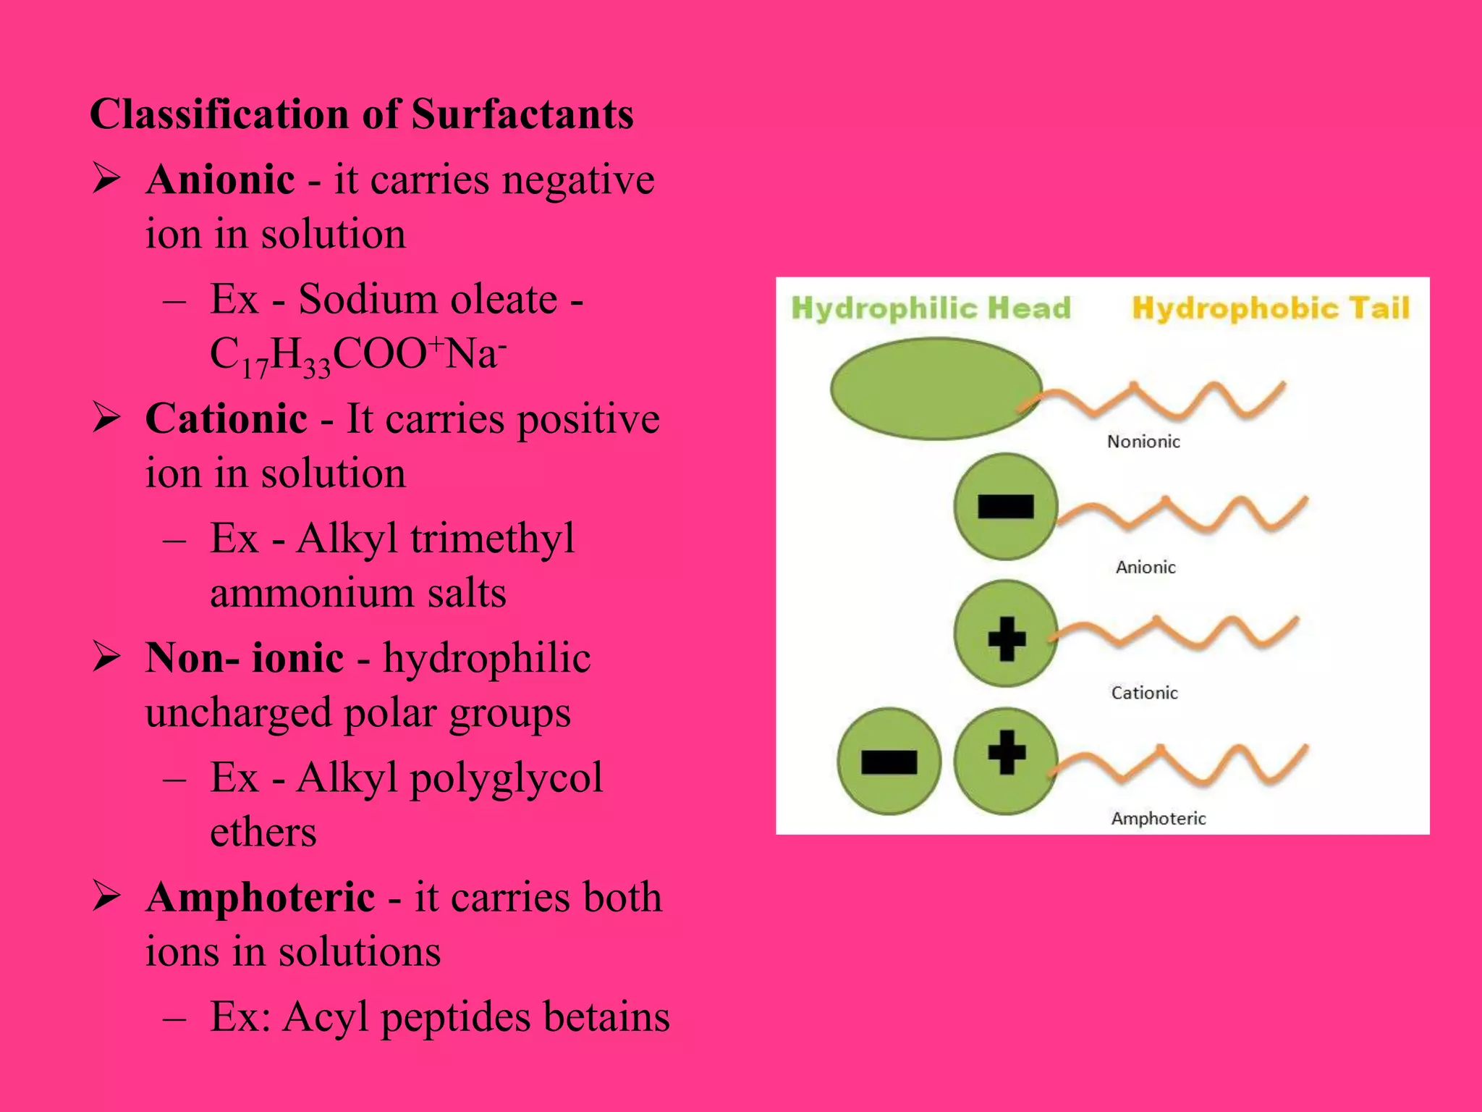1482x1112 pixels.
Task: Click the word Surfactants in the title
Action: tap(522, 114)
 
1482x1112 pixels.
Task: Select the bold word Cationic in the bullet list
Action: tap(226, 418)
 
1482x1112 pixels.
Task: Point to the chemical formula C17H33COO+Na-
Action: tap(358, 355)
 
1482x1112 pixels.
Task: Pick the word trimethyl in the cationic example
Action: tap(492, 539)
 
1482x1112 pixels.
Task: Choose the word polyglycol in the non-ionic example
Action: tap(507, 778)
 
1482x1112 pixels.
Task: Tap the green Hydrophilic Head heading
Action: tap(931, 308)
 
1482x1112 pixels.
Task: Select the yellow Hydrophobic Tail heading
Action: tap(1271, 308)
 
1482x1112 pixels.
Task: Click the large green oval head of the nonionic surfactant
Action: tap(935, 389)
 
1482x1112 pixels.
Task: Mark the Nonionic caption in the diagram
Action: tap(1143, 442)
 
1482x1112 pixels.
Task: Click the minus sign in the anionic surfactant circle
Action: tap(1005, 507)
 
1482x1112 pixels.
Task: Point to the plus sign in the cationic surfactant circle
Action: tap(1006, 639)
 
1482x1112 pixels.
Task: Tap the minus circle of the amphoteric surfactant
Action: tap(889, 762)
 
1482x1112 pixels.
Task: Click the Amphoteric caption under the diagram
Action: tap(1158, 819)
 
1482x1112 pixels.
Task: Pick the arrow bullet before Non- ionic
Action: tap(106, 657)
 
